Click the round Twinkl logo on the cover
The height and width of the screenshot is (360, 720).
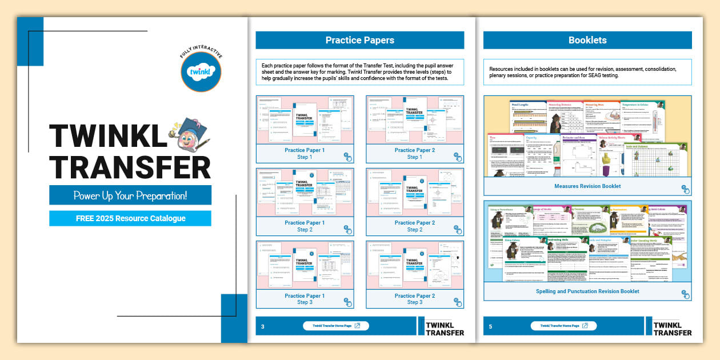(201, 71)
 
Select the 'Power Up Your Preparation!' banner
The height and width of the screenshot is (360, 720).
(130, 195)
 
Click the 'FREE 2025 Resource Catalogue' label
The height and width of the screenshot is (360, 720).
(130, 218)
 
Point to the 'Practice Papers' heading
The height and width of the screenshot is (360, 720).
(359, 40)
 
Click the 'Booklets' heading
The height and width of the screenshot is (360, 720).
(587, 40)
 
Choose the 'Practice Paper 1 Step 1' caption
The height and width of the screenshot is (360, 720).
(305, 154)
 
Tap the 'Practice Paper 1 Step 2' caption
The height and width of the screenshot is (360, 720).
(305, 226)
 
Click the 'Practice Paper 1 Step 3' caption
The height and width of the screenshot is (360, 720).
(305, 299)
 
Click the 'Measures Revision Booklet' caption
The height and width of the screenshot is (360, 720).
(587, 186)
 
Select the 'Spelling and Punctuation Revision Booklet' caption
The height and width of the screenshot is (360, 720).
(587, 291)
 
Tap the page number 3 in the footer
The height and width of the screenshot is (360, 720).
(263, 327)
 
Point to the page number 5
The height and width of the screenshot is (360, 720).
(490, 327)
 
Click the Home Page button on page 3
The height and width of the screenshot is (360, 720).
(336, 326)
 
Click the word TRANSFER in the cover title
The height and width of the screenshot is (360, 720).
(130, 167)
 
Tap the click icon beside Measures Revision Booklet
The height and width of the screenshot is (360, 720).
(685, 189)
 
